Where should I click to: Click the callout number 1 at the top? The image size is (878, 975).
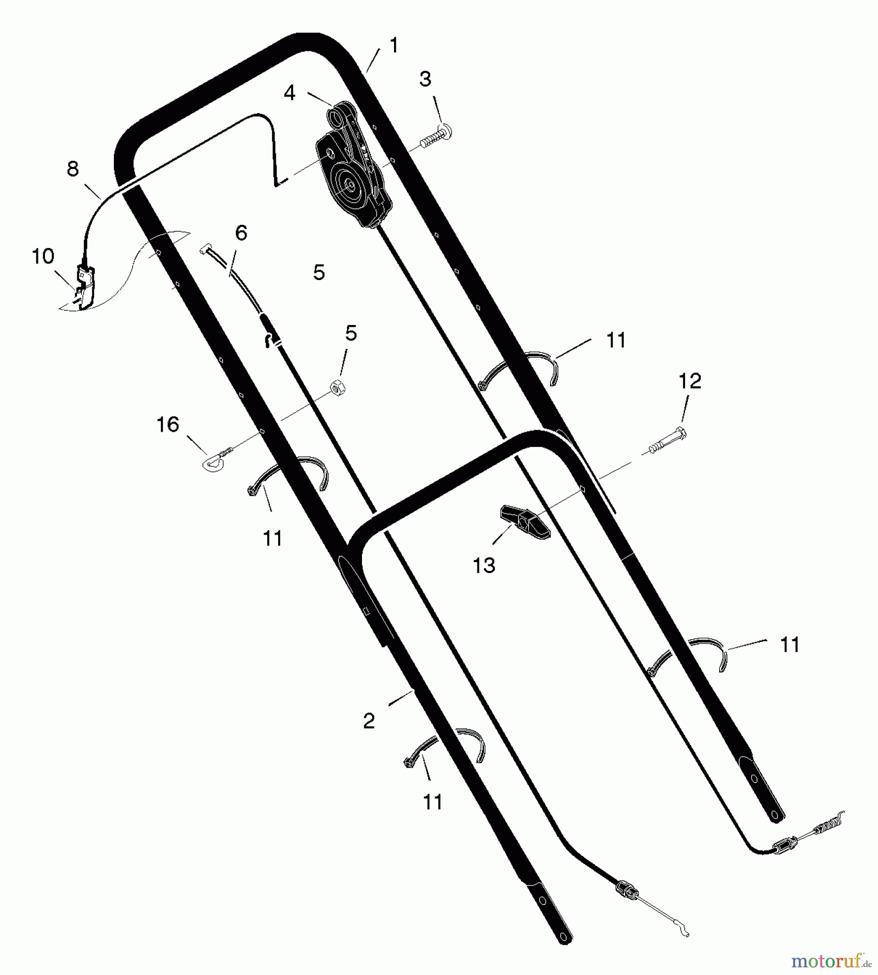point(394,45)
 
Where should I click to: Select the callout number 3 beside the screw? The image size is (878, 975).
point(425,79)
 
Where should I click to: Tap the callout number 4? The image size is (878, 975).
point(290,93)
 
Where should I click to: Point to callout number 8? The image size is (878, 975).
point(73,169)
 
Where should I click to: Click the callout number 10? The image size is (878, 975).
point(43,256)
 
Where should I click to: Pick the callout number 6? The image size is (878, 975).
point(241,233)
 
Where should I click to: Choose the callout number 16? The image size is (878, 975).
point(167,424)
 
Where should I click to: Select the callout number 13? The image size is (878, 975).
point(484,565)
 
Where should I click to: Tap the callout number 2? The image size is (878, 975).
point(369,721)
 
